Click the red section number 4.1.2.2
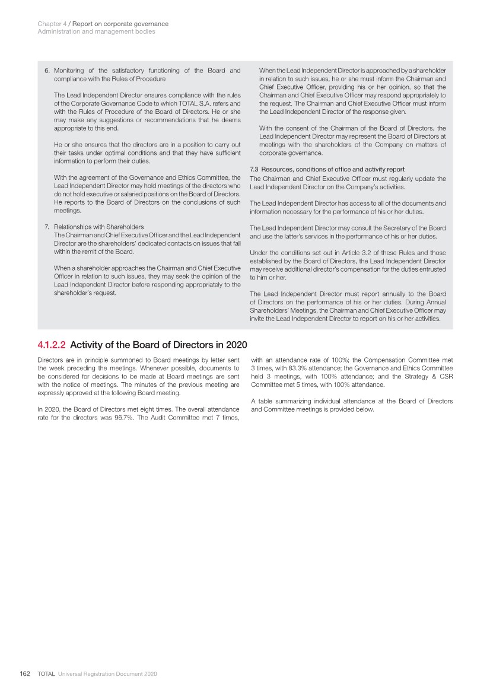pos(52,345)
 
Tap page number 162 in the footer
pos(25,674)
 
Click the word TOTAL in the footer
pos(46,674)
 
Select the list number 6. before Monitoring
pos(47,71)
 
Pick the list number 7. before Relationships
pos(47,227)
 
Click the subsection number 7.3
pos(254,170)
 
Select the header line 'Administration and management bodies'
pos(96,32)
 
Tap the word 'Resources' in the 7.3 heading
pos(276,170)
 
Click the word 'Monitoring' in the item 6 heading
pos(71,71)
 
